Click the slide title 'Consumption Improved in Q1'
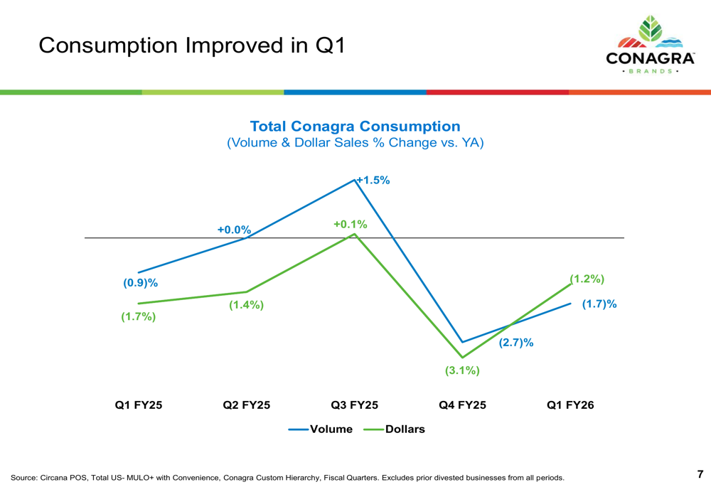click(x=191, y=46)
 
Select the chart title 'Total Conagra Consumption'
click(x=355, y=127)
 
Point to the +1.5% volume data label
click(x=373, y=181)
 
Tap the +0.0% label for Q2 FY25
click(x=235, y=230)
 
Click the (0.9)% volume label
click(x=140, y=282)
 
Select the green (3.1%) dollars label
click(x=462, y=370)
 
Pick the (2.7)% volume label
click(x=515, y=343)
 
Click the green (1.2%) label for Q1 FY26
click(x=587, y=279)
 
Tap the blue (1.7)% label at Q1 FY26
click(x=599, y=304)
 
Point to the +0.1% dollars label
click(x=351, y=225)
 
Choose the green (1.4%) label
click(x=246, y=305)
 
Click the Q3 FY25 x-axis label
click(x=354, y=405)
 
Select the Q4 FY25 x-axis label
click(x=462, y=405)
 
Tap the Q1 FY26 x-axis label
click(x=570, y=405)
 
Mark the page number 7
click(x=700, y=474)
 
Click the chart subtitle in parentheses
click(x=355, y=143)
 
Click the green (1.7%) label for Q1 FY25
click(x=138, y=316)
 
